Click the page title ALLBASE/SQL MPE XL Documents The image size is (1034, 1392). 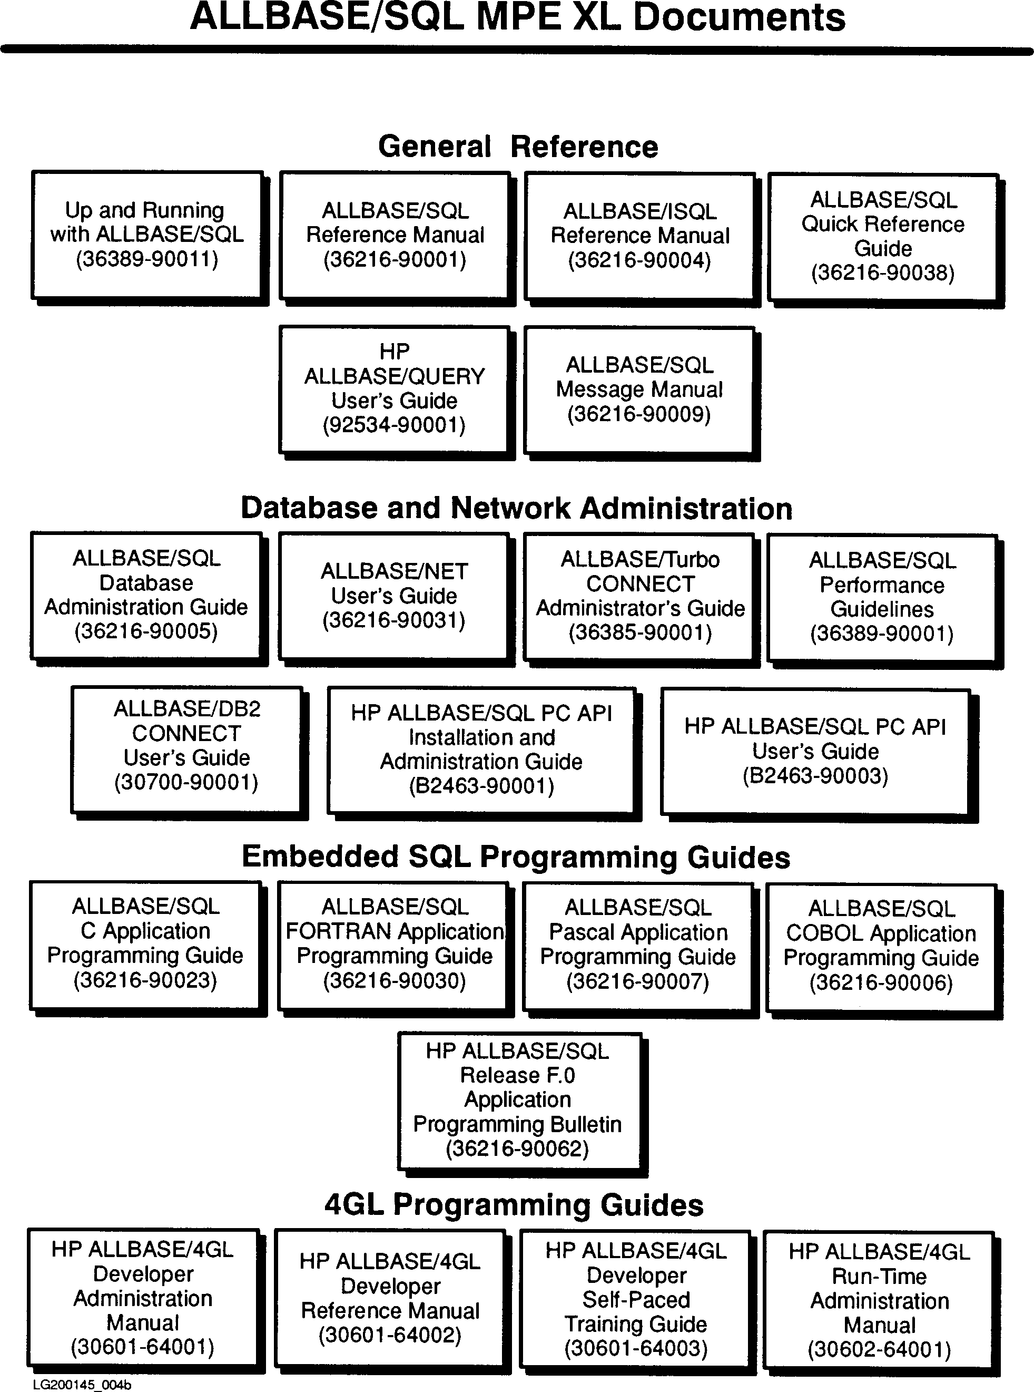517,17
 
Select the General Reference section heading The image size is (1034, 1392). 518,147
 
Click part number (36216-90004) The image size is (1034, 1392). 639,260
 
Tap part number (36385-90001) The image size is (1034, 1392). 639,632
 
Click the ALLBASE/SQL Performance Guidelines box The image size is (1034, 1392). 881,597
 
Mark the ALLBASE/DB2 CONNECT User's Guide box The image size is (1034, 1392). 186,745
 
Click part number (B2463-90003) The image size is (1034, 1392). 815,776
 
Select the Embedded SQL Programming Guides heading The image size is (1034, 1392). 516,856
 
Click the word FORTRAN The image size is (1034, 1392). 339,932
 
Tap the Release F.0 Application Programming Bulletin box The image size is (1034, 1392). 518,1099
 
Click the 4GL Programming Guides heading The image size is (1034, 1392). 514,1205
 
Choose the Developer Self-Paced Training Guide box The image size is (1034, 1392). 635,1299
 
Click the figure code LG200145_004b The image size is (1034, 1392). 82,1385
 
